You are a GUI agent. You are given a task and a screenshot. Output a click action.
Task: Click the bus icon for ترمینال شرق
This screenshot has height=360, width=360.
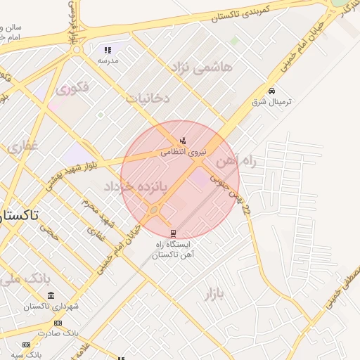[272, 91]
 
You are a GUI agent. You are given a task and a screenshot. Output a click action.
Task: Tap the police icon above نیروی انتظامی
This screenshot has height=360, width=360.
[184, 141]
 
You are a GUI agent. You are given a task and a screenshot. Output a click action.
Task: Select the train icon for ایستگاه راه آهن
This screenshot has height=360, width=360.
[173, 233]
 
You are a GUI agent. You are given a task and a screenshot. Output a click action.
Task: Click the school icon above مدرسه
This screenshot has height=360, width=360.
[108, 50]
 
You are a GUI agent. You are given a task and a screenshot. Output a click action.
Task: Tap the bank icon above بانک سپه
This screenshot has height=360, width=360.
[26, 345]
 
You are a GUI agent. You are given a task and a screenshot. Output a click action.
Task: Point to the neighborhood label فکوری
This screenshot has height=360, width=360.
[72, 89]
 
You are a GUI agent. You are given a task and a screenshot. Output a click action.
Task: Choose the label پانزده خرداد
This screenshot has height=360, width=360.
[137, 186]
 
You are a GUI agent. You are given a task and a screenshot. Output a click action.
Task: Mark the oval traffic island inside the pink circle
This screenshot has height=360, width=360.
[154, 209]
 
